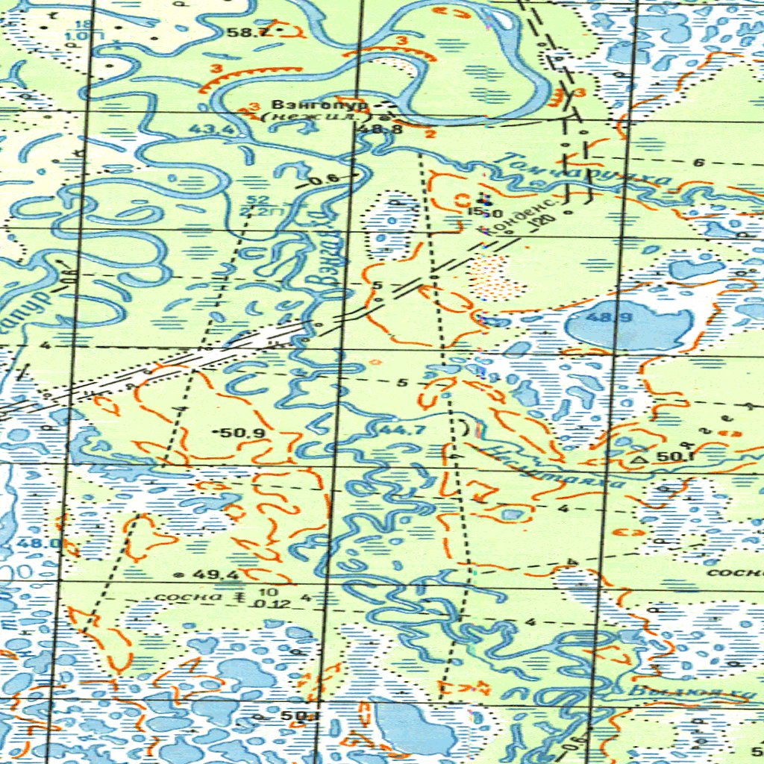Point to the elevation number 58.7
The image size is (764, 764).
point(242,32)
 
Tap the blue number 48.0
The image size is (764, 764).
point(10,543)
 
